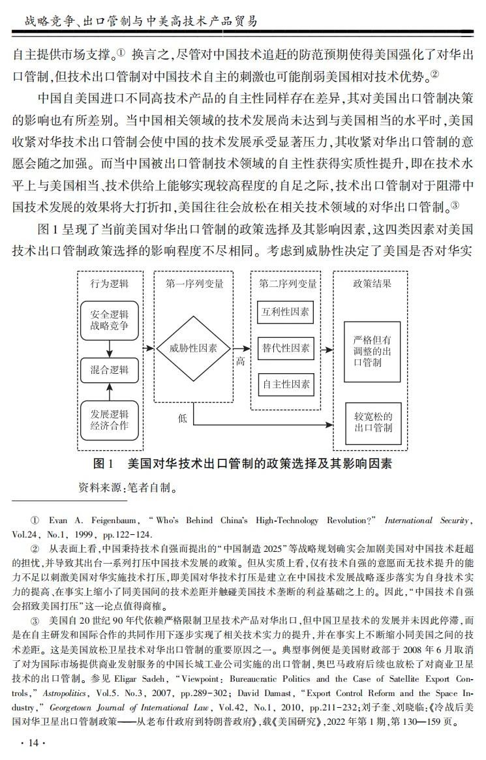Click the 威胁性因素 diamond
pos(194,348)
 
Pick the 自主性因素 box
pos(285,384)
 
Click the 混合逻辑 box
pos(109,370)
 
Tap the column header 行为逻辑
pos(109,284)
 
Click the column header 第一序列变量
pos(194,284)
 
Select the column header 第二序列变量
pos(288,284)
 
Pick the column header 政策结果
pos(372,284)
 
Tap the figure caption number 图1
pos(104,464)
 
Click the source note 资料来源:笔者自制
pos(127,486)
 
